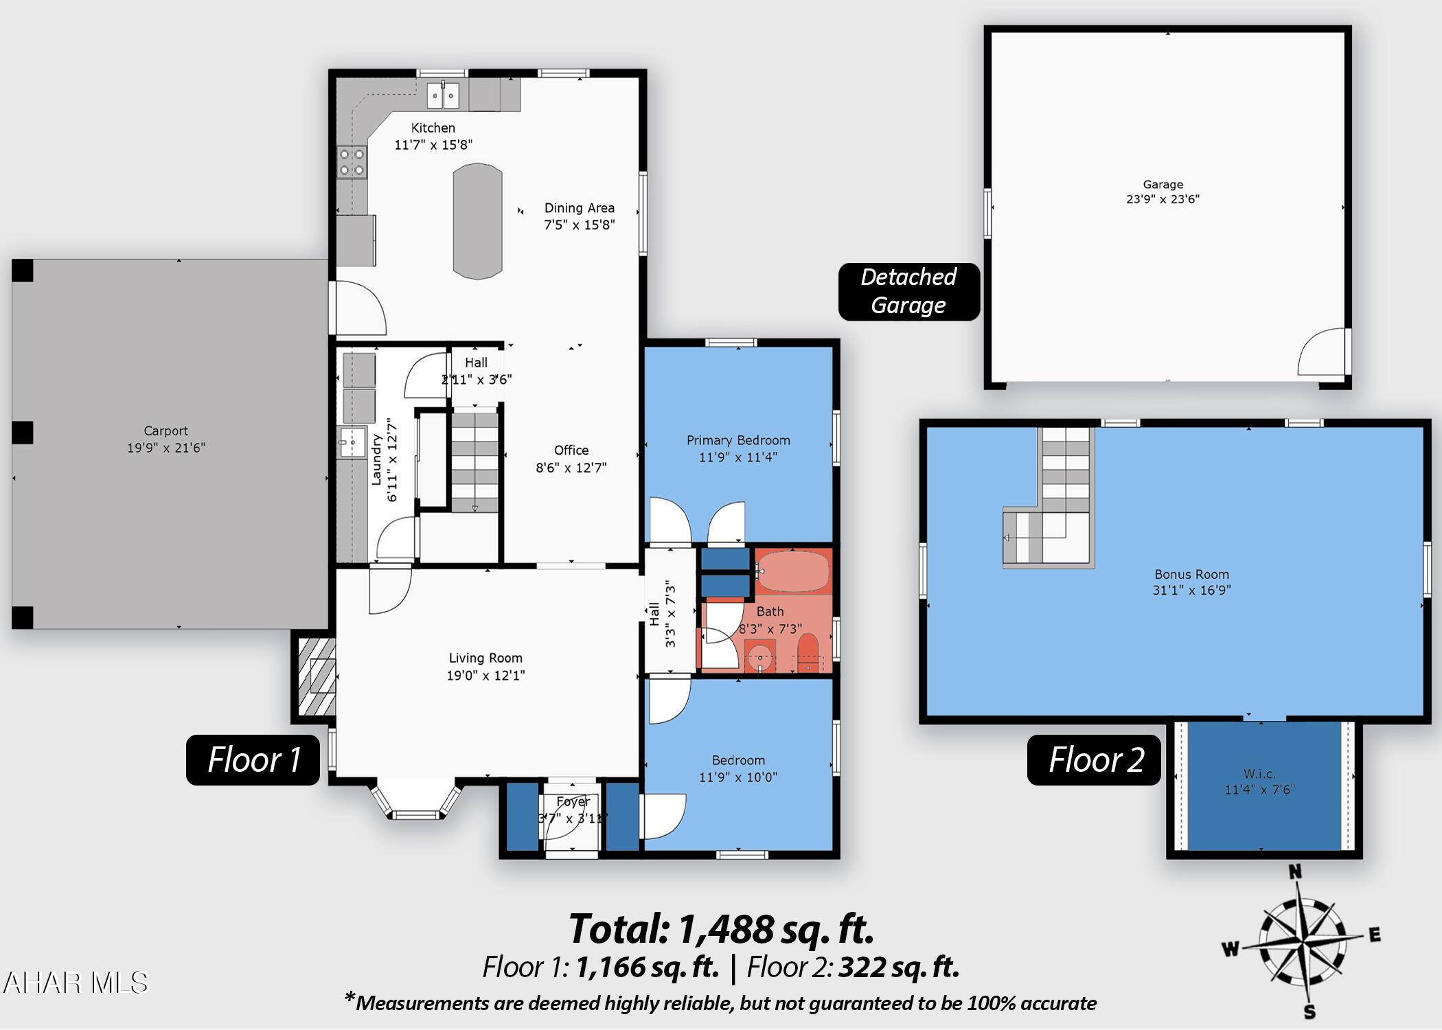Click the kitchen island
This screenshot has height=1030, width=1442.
[477, 221]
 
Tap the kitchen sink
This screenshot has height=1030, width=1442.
[443, 95]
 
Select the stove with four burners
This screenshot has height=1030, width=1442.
[352, 162]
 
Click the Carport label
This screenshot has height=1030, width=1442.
[165, 431]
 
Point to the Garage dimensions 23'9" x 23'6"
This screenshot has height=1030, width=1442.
[1163, 199]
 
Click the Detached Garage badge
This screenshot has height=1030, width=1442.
[908, 291]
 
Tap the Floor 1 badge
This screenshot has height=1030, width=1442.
[253, 760]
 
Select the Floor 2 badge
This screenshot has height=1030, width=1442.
[1094, 760]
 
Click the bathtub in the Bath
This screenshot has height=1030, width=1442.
[793, 571]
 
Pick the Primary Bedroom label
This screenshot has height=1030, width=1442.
[738, 440]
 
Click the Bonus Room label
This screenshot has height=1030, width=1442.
[1191, 574]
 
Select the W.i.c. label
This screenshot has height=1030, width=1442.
[1259, 774]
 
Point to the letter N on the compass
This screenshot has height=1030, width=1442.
[1295, 872]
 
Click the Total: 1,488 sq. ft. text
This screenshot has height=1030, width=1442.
[721, 929]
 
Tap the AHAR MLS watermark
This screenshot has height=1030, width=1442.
[76, 983]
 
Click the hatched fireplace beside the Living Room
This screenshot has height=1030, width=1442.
[317, 677]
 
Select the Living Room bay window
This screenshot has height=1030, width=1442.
[416, 800]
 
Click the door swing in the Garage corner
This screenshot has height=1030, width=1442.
[1322, 352]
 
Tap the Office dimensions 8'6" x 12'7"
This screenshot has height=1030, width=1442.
[571, 468]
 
